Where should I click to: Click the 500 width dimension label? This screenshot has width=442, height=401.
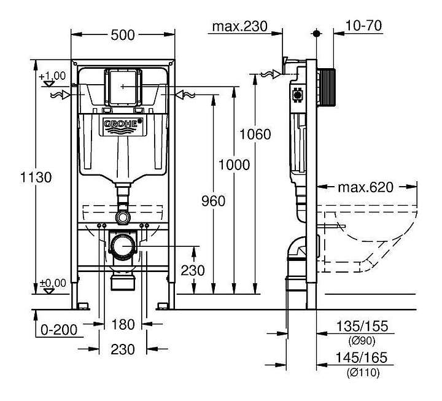coord(123,35)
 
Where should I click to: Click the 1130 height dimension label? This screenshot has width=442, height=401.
coord(36,177)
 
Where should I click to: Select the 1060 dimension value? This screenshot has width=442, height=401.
coord(255,134)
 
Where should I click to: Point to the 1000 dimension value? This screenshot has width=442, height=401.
coord(235,165)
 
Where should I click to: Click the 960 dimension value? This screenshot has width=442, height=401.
coord(214,201)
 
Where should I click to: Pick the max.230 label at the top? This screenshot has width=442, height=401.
coord(239,26)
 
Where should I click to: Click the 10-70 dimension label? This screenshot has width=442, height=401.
coord(363,25)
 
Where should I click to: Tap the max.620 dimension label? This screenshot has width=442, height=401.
coord(365,187)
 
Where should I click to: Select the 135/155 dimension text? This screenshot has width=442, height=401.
coord(362,326)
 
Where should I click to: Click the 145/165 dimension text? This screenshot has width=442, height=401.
coord(362,357)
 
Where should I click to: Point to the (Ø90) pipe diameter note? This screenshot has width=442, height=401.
coord(362,341)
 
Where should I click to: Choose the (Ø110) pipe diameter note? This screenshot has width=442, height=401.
coord(363,373)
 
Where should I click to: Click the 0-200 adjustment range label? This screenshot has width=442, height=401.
coord(59,330)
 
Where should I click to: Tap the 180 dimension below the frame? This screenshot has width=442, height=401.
coord(123,324)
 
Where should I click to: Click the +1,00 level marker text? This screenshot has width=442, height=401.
coord(52,76)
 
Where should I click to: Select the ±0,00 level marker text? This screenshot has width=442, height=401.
coord(53,283)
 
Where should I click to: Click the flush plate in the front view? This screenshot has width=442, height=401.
coord(123,87)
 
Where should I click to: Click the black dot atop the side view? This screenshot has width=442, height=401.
coord(317,33)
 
